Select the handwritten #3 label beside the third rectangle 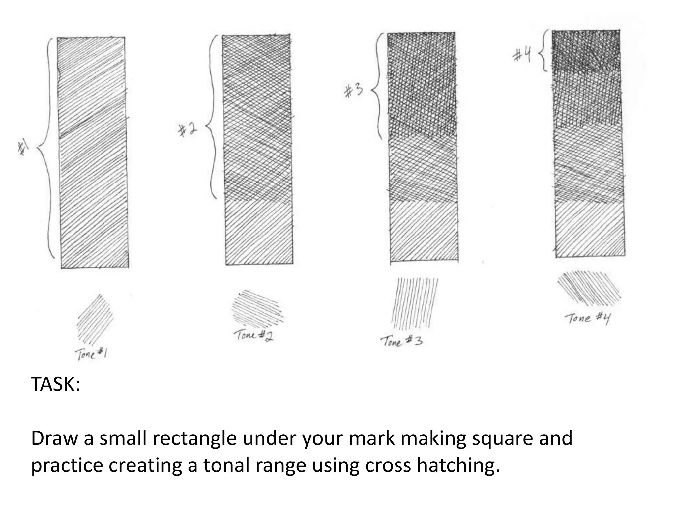coord(353,91)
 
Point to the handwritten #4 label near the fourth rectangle coord(522,55)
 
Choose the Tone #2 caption coord(254,336)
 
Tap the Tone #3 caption coord(401,341)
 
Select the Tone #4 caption coord(588,319)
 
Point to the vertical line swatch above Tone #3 coord(415,303)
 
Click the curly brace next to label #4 coord(543,50)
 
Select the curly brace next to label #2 coord(211,117)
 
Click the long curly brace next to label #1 coord(47,148)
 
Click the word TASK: coord(55,384)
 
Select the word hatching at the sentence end coord(458,465)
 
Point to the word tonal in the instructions coord(225,465)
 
